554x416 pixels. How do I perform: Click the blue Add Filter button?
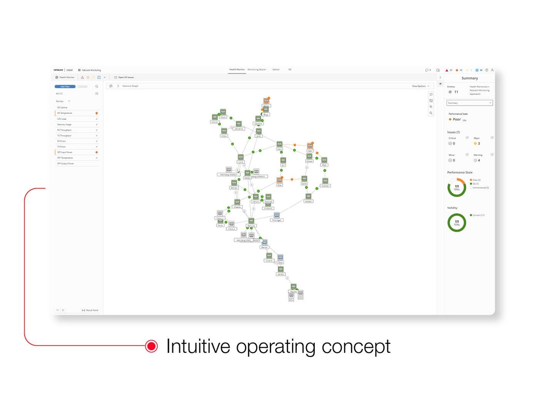[x=65, y=87]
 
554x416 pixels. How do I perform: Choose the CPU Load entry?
[x=62, y=119]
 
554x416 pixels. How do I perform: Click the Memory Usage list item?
[x=64, y=124]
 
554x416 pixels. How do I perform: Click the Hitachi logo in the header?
[x=58, y=70]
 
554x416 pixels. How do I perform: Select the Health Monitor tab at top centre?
[x=237, y=70]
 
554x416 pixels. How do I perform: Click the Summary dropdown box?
[x=469, y=103]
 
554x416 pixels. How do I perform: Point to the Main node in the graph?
[x=280, y=144]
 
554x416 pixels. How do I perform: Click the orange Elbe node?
[x=280, y=180]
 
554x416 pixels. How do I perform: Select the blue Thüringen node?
[x=277, y=215]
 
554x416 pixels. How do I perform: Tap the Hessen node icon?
[x=309, y=196]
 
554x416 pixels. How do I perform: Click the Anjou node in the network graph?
[x=224, y=131]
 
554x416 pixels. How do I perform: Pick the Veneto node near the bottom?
[x=281, y=270]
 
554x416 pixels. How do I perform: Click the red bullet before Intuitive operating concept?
[x=152, y=346]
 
